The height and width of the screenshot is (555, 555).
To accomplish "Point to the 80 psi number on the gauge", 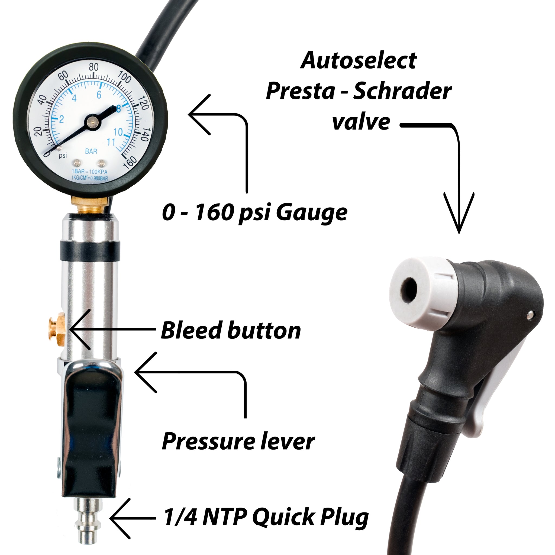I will click(x=94, y=67).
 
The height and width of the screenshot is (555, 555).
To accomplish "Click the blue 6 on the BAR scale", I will click(x=99, y=95).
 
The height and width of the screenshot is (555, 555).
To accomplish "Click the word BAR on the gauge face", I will click(x=91, y=151).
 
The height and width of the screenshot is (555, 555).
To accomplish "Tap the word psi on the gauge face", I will click(x=63, y=156).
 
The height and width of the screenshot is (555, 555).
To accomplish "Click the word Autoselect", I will click(x=359, y=61).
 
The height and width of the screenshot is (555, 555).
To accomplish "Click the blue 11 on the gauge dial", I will click(x=111, y=142).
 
